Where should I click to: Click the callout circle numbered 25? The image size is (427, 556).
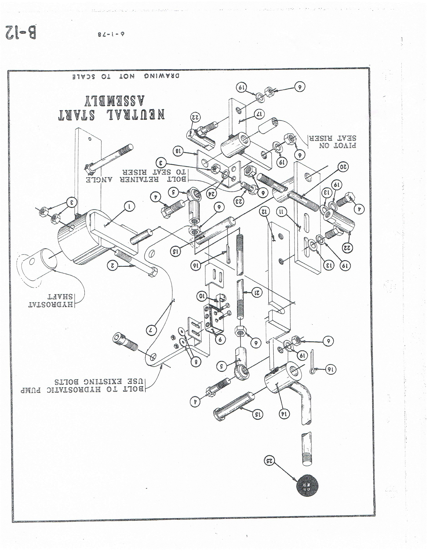point(270,460)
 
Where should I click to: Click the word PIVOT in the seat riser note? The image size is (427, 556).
point(346,146)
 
